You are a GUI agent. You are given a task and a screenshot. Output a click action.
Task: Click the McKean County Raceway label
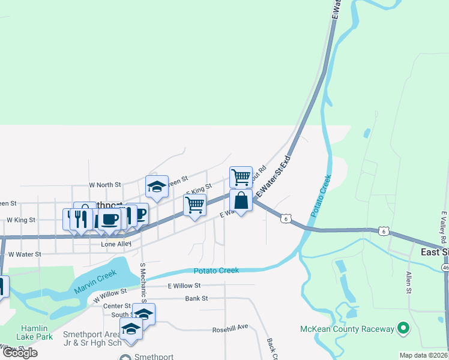click(x=347, y=329)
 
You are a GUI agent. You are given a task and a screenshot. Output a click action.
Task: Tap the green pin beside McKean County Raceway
click(x=403, y=329)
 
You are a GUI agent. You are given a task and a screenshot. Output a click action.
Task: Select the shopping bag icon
click(x=241, y=201)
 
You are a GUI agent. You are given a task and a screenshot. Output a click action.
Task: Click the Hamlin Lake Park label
click(x=37, y=332)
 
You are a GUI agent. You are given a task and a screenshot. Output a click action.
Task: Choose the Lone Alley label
click(x=116, y=244)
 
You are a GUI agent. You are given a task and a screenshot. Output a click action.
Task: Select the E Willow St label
click(x=184, y=286)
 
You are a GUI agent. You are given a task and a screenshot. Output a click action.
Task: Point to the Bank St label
click(x=196, y=298)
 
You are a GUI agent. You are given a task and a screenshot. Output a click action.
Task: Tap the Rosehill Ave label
click(x=230, y=329)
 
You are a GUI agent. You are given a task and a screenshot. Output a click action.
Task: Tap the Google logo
click(x=20, y=353)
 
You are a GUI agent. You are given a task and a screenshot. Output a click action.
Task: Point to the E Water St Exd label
click(x=274, y=178)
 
